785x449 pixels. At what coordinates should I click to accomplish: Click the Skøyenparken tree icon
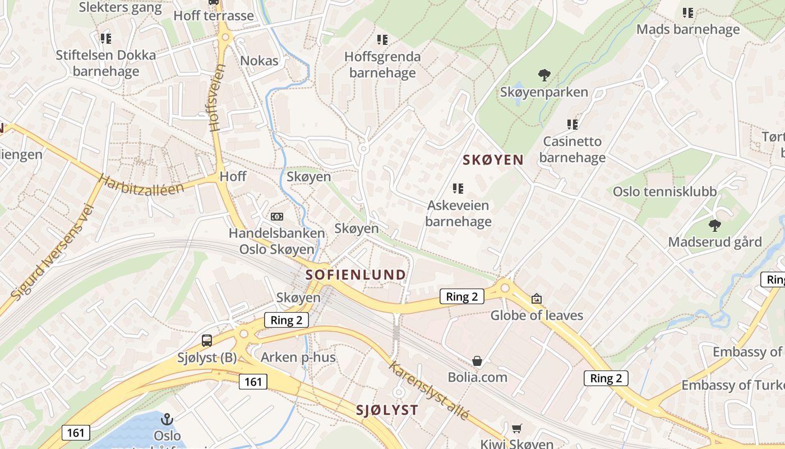pyautogui.click(x=544, y=75)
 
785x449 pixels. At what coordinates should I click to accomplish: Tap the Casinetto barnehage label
pyautogui.click(x=572, y=150)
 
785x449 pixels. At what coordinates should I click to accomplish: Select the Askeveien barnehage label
pyautogui.click(x=458, y=214)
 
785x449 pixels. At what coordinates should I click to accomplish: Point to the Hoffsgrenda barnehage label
pyautogui.click(x=382, y=65)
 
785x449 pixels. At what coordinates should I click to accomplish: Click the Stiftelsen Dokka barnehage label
pyautogui.click(x=106, y=63)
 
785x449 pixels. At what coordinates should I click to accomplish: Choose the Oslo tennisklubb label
pyautogui.click(x=664, y=192)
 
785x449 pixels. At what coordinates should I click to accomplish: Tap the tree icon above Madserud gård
pyautogui.click(x=714, y=226)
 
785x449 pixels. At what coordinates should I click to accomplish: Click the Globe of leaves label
pyautogui.click(x=537, y=315)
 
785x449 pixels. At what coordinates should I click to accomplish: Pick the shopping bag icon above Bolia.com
pyautogui.click(x=477, y=361)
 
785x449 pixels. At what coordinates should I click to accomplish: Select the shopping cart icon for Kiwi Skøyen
pyautogui.click(x=516, y=428)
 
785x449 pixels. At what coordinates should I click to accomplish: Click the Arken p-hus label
pyautogui.click(x=298, y=358)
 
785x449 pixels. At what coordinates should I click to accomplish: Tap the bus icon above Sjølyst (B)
pyautogui.click(x=207, y=340)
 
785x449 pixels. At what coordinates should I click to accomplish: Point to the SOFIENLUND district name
pyautogui.click(x=355, y=275)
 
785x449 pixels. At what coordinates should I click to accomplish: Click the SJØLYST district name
pyautogui.click(x=387, y=410)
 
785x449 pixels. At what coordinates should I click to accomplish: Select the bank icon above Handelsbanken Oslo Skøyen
pyautogui.click(x=276, y=217)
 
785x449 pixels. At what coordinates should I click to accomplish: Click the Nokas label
pyautogui.click(x=259, y=61)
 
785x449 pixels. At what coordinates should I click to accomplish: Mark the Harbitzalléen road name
pyautogui.click(x=141, y=185)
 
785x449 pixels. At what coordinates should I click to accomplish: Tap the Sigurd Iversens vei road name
pyautogui.click(x=52, y=251)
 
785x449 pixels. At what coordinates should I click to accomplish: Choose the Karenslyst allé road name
pyautogui.click(x=429, y=391)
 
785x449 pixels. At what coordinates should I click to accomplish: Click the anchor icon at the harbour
pyautogui.click(x=167, y=419)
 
